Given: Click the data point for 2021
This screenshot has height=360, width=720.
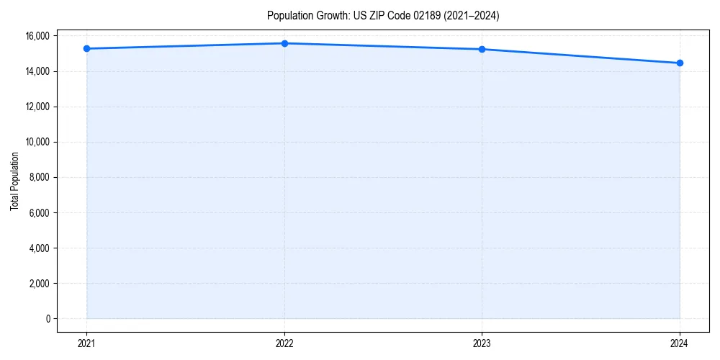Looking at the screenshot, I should click(86, 48).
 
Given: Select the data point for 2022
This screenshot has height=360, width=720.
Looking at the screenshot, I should click(284, 43).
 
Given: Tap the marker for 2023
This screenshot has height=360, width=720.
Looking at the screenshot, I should click(482, 49).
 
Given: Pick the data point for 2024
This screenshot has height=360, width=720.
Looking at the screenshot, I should click(680, 63).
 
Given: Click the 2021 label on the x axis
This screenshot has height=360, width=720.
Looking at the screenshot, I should click(86, 343).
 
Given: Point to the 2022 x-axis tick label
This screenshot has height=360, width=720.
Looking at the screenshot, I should click(284, 343).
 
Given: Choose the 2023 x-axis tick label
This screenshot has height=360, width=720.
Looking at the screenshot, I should click(482, 343).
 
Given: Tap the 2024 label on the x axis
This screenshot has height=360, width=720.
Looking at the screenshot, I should click(680, 343).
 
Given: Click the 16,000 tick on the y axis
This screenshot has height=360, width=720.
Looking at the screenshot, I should click(37, 36).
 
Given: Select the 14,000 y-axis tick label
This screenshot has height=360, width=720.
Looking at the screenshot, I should click(37, 71).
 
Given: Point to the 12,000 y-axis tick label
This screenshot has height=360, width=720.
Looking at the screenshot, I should click(37, 107).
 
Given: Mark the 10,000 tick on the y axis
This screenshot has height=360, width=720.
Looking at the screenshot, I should click(37, 142).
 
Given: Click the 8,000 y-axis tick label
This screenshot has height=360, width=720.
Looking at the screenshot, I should click(39, 177).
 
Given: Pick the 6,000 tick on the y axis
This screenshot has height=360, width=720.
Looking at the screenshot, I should click(39, 213).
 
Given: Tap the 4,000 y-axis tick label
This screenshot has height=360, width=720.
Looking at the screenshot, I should click(39, 248).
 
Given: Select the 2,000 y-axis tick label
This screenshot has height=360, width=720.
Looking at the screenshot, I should click(39, 284).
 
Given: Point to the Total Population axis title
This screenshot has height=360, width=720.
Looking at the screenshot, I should click(14, 181).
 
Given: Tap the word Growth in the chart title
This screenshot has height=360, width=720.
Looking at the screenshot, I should click(330, 15).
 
